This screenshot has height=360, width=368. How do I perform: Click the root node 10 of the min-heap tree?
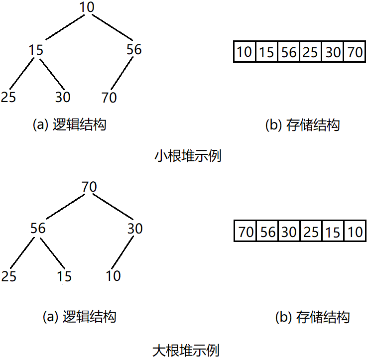[87, 7]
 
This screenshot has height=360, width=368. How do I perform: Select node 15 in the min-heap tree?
[36, 50]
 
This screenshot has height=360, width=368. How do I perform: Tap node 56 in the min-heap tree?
[133, 50]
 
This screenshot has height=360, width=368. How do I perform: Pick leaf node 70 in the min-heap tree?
[109, 97]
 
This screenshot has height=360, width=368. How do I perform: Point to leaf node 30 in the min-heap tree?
[63, 97]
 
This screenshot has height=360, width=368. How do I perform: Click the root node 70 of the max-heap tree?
[89, 187]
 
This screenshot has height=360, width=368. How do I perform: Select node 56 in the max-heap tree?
[37, 229]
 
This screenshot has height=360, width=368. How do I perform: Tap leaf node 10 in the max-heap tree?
[113, 275]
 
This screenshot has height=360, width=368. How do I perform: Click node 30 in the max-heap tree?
[134, 229]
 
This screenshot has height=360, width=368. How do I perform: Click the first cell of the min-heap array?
[245, 52]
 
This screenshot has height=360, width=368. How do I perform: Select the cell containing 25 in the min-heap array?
[310, 52]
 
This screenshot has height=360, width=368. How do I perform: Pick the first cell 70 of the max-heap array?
[245, 232]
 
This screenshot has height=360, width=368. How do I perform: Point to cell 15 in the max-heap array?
[332, 232]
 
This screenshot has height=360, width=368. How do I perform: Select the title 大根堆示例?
[185, 350]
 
